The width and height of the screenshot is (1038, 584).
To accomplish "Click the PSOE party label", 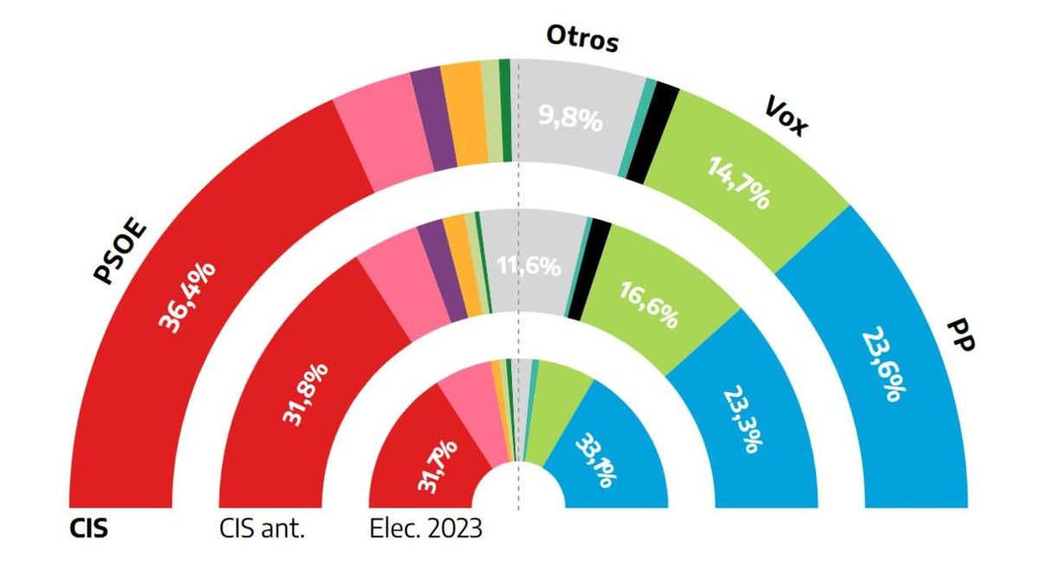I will point(120,253).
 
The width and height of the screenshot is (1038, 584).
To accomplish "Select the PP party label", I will point(959,335).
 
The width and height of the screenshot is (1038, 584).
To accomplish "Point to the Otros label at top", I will point(583,39).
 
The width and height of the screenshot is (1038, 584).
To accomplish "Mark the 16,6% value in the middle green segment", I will point(648,305).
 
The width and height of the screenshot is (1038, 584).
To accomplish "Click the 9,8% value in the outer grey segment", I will point(570,119).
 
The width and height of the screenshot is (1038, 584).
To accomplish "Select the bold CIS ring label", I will point(88,528).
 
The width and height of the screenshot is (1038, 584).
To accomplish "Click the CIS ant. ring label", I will point(263,528).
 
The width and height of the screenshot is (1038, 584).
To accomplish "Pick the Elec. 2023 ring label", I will point(425,528).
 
